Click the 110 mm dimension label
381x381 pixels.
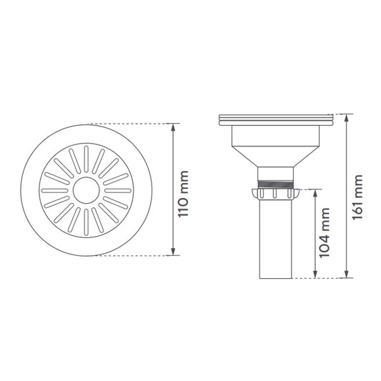click(183, 194)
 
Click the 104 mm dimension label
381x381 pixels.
click(325, 233)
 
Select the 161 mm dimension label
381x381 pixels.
click(357, 197)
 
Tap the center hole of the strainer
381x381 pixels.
click(86, 190)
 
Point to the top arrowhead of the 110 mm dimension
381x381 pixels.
click(173, 127)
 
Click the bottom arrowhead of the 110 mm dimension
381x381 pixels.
click(173, 252)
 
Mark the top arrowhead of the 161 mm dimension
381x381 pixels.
click(347, 118)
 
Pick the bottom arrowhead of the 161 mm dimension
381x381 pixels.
click(347, 274)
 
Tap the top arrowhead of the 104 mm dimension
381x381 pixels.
click(315, 193)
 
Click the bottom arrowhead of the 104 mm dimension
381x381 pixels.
click(315, 274)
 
